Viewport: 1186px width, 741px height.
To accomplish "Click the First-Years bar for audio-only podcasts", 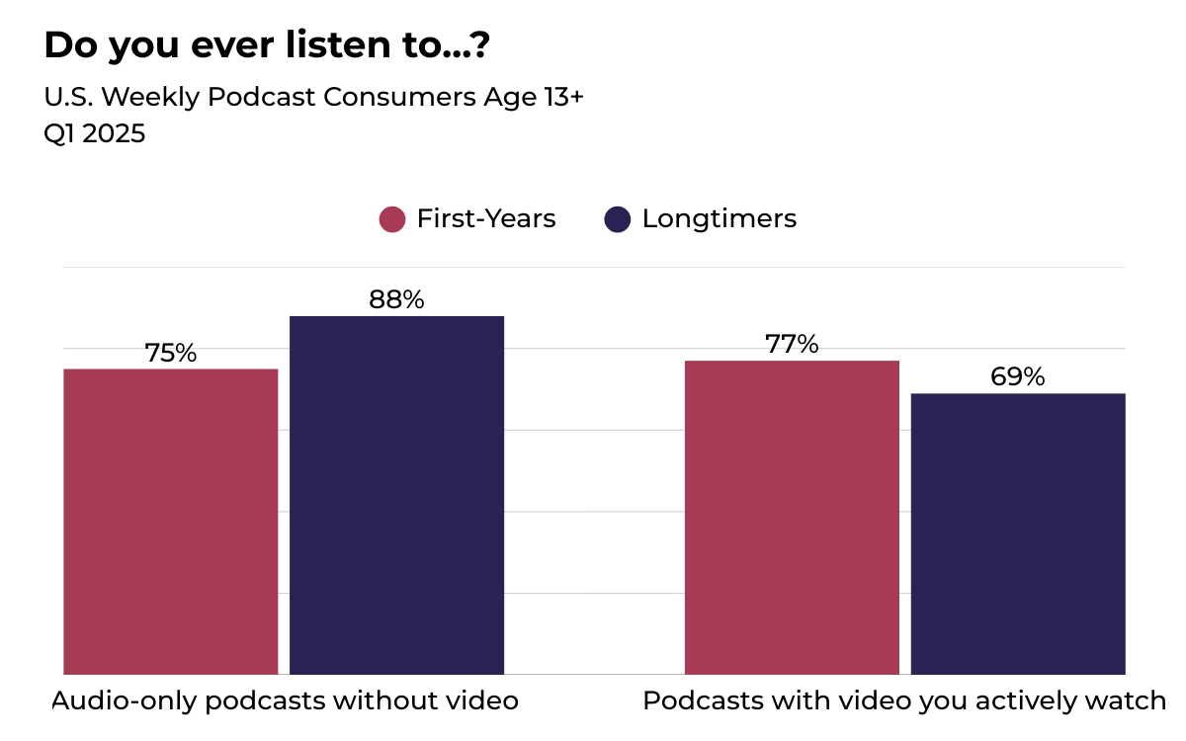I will click(x=171, y=522).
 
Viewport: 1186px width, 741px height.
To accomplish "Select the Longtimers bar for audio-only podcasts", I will click(x=396, y=495).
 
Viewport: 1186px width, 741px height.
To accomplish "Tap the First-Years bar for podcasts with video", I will click(x=792, y=518).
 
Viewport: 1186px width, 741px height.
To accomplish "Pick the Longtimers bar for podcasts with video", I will click(x=1018, y=534).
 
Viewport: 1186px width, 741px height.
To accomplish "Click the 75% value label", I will click(x=171, y=353).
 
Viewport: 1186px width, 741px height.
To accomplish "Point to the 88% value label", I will click(x=396, y=300).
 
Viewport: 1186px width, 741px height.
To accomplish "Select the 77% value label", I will click(x=792, y=345).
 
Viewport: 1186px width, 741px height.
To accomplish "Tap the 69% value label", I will click(x=1018, y=377).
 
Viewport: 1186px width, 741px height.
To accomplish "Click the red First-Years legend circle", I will click(x=392, y=219).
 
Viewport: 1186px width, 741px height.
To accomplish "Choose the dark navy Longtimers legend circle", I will click(x=618, y=219).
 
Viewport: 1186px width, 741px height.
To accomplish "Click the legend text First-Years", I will click(x=486, y=218).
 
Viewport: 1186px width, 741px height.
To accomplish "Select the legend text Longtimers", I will click(x=720, y=218).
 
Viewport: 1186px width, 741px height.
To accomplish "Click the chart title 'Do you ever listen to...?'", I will click(x=266, y=45).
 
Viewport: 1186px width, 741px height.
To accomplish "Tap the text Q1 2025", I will click(x=95, y=133).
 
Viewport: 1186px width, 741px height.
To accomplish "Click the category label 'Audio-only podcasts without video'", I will click(x=285, y=701).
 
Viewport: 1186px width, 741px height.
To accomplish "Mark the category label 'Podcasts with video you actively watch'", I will click(x=904, y=701).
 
